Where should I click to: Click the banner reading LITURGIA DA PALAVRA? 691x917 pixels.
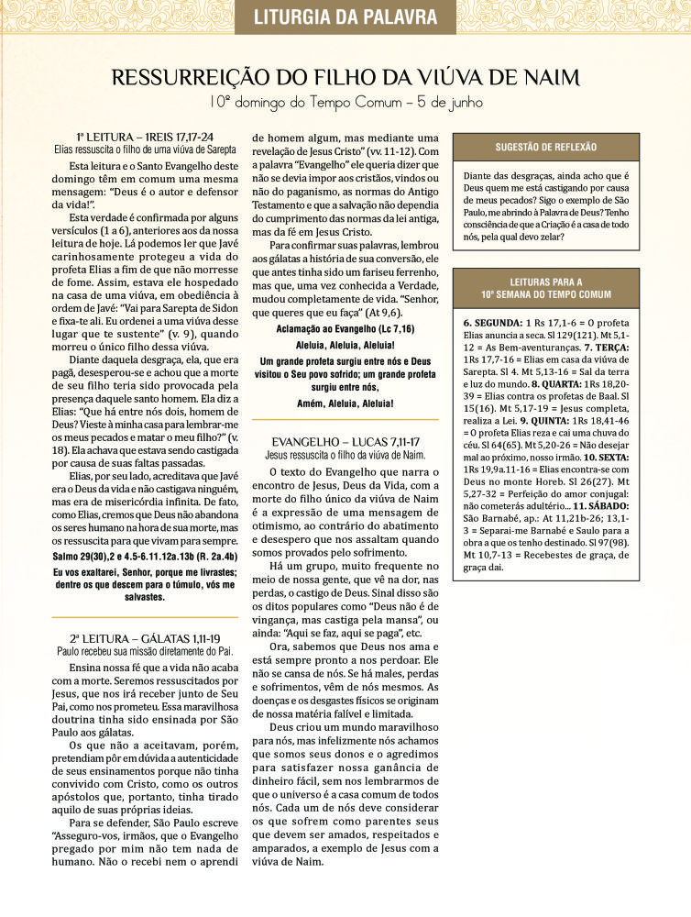pyautogui.click(x=345, y=17)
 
